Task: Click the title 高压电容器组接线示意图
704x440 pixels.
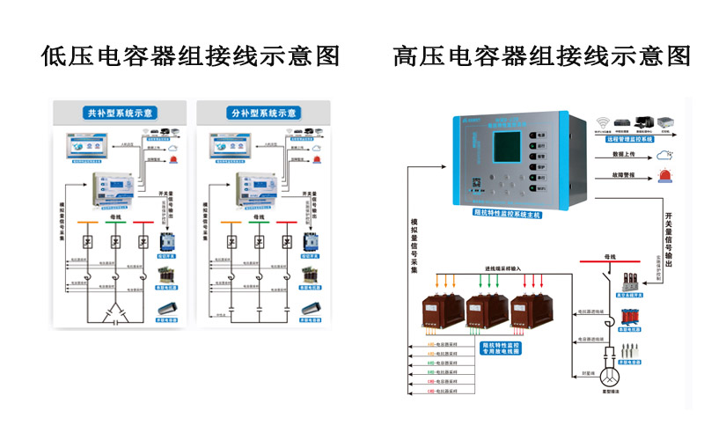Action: pos(541,56)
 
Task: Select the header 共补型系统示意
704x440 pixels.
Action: pos(121,114)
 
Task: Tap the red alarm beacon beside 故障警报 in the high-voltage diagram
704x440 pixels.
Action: pos(664,176)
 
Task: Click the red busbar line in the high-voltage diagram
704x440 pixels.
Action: pos(616,261)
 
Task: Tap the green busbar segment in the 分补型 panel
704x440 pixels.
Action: pos(258,222)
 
